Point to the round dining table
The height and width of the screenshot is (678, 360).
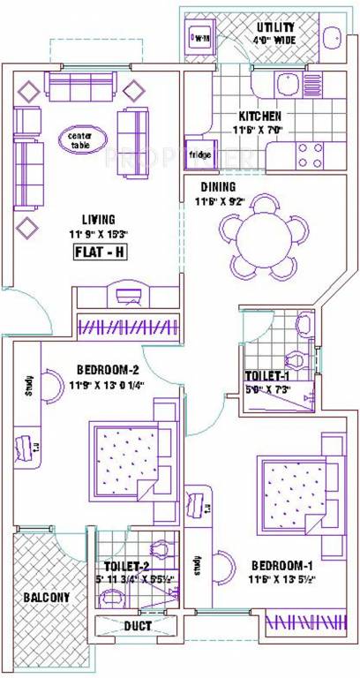click(x=264, y=232)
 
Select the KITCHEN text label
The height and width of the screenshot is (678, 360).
click(x=259, y=116)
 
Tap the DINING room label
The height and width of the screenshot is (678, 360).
click(x=216, y=187)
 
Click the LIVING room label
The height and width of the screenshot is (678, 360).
click(x=99, y=219)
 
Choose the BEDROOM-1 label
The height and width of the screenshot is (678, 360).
click(x=280, y=564)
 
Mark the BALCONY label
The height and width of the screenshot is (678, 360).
click(x=48, y=598)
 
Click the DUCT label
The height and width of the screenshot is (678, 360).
click(x=137, y=626)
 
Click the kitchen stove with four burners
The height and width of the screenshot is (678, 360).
click(x=309, y=154)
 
